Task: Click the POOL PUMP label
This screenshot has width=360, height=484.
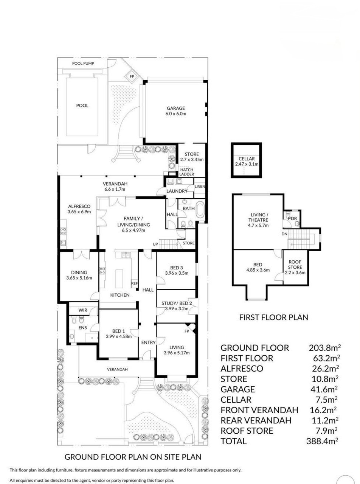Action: tap(83, 63)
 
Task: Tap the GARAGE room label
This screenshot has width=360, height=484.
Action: tap(176, 108)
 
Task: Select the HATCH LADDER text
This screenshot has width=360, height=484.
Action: tap(187, 172)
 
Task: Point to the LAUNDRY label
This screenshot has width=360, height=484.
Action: tap(177, 191)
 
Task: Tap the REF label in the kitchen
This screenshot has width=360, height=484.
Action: tap(134, 283)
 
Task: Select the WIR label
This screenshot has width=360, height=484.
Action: tap(83, 310)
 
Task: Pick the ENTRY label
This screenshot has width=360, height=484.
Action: tap(148, 342)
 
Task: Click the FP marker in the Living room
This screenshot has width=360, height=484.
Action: tap(186, 331)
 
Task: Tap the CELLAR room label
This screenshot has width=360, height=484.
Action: tap(247, 159)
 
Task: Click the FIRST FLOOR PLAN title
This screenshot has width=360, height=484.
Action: tap(273, 317)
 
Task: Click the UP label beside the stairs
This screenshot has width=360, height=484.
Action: tap(155, 244)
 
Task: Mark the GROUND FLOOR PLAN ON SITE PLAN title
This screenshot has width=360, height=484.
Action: tap(133, 456)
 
